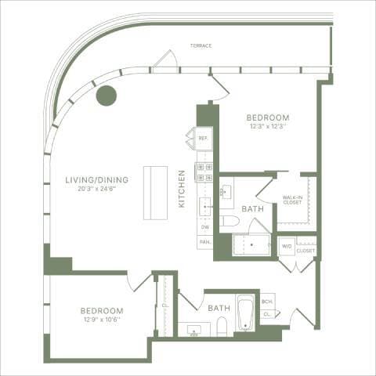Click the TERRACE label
tap(201, 45)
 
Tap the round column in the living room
tap(106, 96)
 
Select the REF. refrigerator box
tap(203, 139)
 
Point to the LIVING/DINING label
tap(96, 179)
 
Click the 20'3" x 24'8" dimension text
tap(96, 189)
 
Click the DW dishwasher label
tap(204, 227)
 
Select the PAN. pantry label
tap(204, 242)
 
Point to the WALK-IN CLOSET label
tap(293, 201)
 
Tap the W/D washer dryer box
tap(287, 246)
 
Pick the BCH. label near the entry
tap(267, 302)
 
